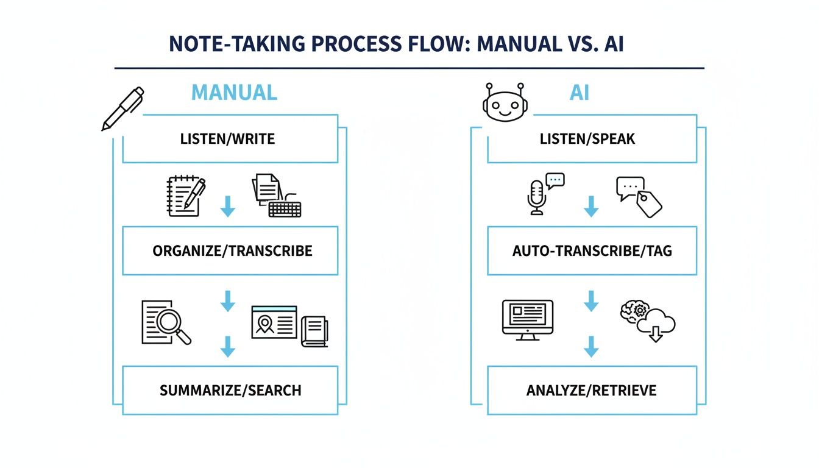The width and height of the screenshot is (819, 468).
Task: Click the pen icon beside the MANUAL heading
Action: coord(122,108)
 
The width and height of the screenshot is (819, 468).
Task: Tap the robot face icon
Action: coord(503,102)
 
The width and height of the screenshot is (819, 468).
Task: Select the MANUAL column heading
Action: coord(234,93)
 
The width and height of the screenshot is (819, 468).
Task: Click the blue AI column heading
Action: coord(579,93)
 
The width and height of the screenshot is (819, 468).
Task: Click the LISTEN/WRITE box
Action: coord(230,139)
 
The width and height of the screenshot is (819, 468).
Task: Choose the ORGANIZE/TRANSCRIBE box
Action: coord(230,250)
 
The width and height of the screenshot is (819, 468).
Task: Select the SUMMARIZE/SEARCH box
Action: coord(230,390)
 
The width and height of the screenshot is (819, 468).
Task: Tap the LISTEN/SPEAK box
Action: coord(591,139)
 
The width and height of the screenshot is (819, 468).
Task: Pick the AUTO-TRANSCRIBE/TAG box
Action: coord(591,250)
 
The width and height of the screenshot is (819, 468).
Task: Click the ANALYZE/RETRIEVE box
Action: coord(591,390)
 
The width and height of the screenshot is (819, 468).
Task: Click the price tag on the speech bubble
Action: coord(650,205)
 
